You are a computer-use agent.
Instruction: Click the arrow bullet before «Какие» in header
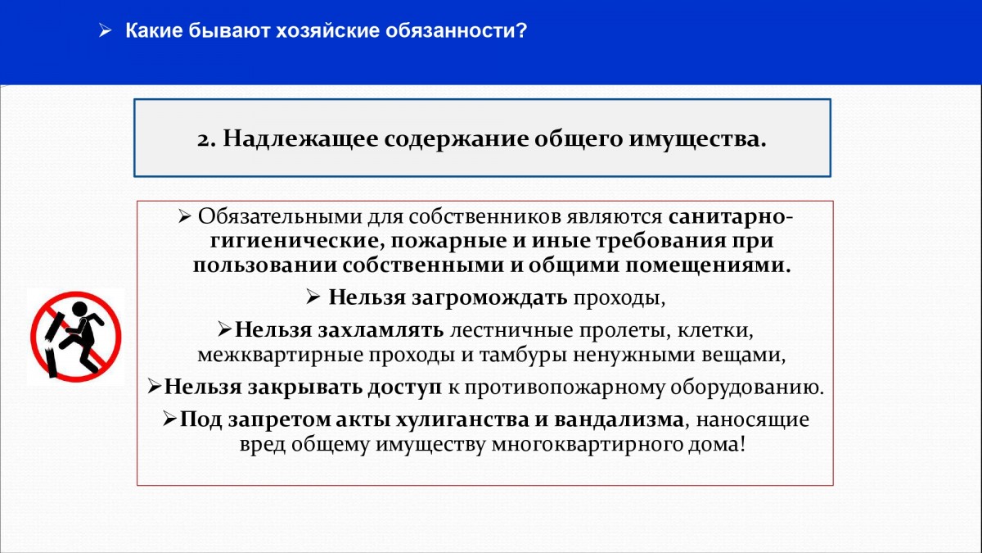[106, 30]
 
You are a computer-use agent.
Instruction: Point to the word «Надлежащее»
[300, 139]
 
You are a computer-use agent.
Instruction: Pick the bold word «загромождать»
[489, 298]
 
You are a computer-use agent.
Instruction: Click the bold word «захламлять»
[381, 330]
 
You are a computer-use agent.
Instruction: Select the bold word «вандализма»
[619, 420]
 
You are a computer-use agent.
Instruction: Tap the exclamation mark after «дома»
[741, 444]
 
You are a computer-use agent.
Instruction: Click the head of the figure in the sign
[80, 309]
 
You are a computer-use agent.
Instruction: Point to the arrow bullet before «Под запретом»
[169, 419]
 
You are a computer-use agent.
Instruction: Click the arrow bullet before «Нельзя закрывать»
[154, 386]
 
